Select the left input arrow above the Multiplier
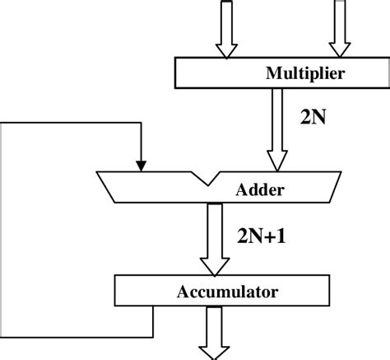tap(224, 30)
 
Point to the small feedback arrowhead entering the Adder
tap(142, 165)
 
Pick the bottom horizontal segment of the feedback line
tap(78, 337)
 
